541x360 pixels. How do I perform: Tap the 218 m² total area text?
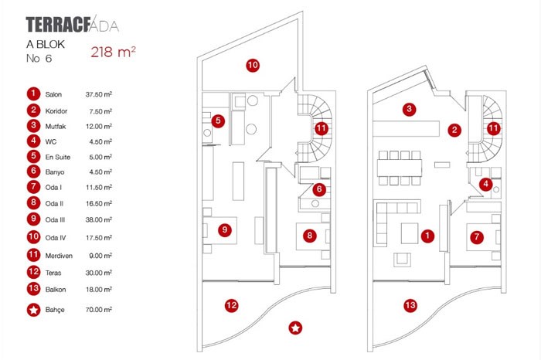(x=114, y=53)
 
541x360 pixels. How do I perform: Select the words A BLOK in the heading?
(x=46, y=45)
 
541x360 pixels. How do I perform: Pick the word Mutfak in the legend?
(x=56, y=126)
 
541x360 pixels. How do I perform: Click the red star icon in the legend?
(x=32, y=309)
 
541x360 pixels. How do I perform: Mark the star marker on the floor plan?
(x=295, y=328)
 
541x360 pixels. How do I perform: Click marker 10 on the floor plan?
(x=252, y=66)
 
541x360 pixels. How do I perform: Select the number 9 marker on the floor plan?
(x=224, y=229)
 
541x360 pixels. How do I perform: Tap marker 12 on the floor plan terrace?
(x=231, y=304)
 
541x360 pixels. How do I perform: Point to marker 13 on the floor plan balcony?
(x=410, y=306)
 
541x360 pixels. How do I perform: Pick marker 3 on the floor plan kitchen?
(x=410, y=109)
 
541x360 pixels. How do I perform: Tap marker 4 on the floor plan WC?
(x=485, y=184)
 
